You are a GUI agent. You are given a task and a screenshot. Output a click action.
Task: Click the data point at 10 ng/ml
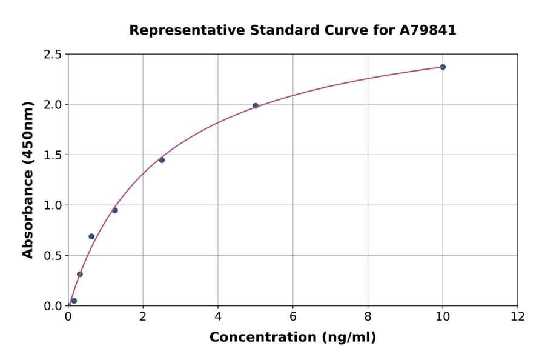(x=443, y=67)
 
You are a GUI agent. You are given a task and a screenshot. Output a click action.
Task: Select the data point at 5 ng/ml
(x=256, y=105)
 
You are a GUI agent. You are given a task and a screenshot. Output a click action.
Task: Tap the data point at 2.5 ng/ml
(x=162, y=160)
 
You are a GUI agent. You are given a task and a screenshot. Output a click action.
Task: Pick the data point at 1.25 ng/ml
(x=115, y=210)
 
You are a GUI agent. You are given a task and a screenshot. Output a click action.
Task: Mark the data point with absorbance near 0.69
(x=91, y=236)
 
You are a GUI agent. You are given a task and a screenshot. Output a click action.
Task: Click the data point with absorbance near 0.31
(x=80, y=274)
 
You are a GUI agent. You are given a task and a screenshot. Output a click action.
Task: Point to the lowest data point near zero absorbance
(x=74, y=301)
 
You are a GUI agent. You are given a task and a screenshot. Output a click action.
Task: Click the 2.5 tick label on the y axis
(x=53, y=55)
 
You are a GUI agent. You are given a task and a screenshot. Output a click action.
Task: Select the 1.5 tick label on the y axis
(x=53, y=155)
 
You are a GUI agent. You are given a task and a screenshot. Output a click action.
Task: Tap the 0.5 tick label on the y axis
(x=53, y=256)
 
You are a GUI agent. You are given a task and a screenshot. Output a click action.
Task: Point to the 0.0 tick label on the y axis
(x=53, y=306)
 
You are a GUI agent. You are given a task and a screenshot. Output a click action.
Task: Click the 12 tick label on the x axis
(x=518, y=317)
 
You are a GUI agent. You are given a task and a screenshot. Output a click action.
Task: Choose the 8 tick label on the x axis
(x=368, y=317)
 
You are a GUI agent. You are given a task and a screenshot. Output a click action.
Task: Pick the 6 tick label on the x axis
(x=292, y=317)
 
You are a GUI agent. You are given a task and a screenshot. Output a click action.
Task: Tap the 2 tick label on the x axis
(x=143, y=317)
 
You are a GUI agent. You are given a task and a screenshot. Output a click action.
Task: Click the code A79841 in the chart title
(x=427, y=30)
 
